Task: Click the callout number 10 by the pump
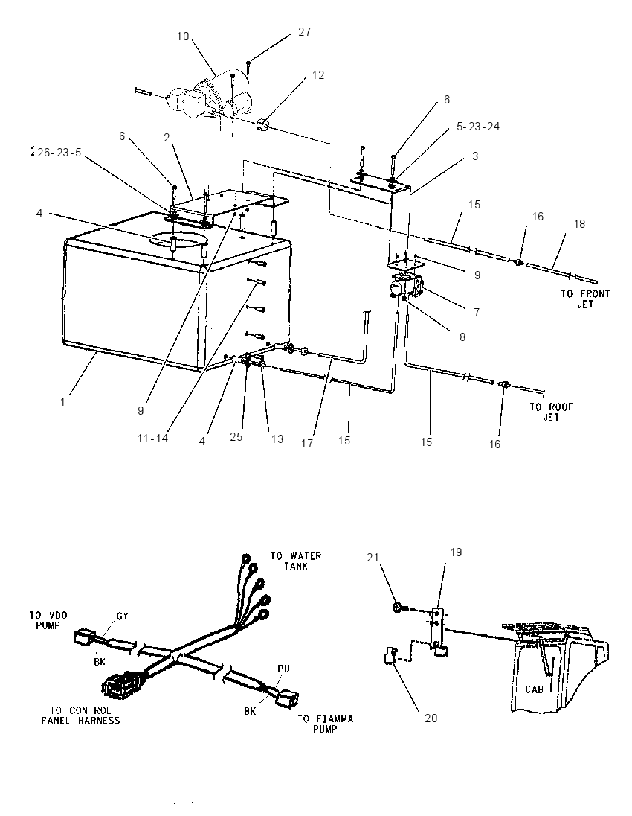click(183, 36)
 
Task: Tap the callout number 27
click(305, 32)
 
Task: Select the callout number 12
click(318, 75)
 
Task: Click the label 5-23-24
click(478, 127)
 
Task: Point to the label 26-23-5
click(59, 153)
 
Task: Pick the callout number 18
click(579, 223)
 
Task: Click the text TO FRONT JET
click(585, 299)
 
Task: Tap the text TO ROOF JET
click(551, 412)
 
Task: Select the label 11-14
click(153, 439)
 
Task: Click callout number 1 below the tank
click(63, 402)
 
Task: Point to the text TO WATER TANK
click(296, 561)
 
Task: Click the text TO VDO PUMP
click(45, 620)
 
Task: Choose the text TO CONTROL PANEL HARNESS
click(80, 715)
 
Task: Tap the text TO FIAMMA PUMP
click(326, 724)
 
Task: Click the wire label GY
click(122, 616)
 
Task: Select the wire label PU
click(284, 668)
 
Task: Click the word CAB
click(535, 689)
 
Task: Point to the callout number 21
click(373, 557)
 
